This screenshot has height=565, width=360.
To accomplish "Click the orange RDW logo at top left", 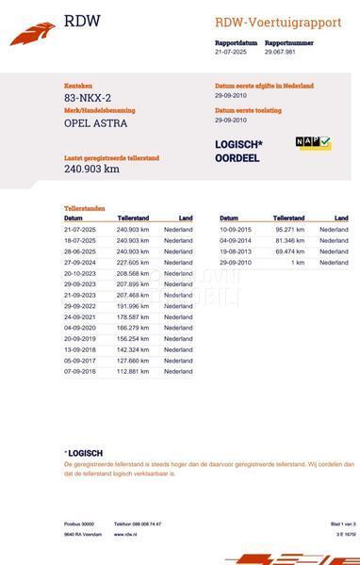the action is pos(32,35).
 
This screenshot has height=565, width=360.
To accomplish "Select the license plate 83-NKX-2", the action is pos(88,98).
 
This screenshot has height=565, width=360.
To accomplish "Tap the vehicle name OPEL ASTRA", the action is pos(95,123).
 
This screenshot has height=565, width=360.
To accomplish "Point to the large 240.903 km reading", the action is pos(91,169).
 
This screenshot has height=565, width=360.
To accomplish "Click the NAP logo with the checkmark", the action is pos(314,142).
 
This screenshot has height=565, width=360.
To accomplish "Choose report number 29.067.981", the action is pos(281,53).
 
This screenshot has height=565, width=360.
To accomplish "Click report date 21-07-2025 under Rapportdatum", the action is pos(232,53).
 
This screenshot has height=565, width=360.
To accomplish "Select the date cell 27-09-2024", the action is pos(80,263).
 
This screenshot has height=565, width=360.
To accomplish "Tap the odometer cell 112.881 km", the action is pos(133,371).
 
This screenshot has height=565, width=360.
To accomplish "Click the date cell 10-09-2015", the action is pos(236,230).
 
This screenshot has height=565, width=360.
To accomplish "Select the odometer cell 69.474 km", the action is pos(290,251).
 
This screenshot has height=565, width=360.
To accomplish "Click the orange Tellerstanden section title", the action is pos(85,208).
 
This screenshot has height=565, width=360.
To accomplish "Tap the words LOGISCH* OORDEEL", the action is pos(238,151).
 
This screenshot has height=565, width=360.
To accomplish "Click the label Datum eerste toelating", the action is pos(248,110).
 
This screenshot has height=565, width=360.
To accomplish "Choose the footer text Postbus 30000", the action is pos(79,524).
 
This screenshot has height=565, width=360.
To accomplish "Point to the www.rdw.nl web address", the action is pos(126,534).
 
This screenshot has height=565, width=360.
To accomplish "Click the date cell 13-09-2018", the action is pos(80,349).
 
